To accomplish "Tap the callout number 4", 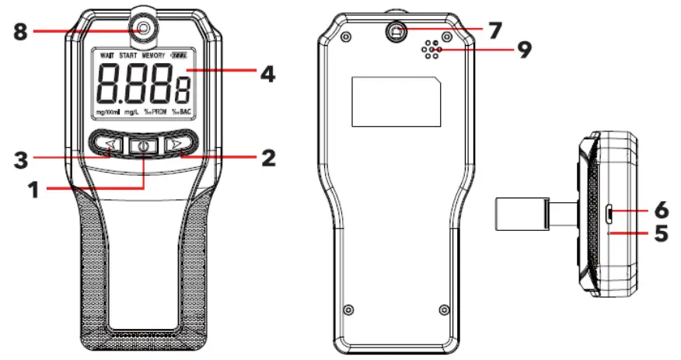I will [x=267, y=75].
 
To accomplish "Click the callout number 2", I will [x=267, y=158].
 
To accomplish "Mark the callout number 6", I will [x=660, y=209].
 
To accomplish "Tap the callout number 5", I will [x=660, y=232].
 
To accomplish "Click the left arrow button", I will [x=111, y=145].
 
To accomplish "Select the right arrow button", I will [x=178, y=145].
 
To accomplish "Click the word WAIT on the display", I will [x=107, y=56].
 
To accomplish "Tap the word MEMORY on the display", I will [x=153, y=56].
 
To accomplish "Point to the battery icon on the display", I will [x=182, y=56].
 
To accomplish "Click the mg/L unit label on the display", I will [x=131, y=113].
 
